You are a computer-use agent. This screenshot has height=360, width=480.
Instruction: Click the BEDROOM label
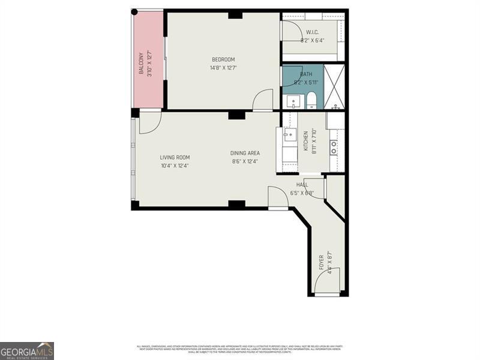point(223,59)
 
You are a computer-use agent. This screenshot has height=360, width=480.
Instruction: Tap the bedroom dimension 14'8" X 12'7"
point(223,68)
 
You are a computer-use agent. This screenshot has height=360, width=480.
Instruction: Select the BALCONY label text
point(142,63)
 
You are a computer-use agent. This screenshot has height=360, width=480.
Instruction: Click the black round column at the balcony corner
point(134,12)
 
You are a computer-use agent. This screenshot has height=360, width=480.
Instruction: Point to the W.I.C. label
point(312,32)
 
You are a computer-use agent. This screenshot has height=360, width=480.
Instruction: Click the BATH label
point(306,74)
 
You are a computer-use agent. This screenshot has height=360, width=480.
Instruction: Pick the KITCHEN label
point(305,142)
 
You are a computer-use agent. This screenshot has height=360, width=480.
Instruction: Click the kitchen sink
point(290,134)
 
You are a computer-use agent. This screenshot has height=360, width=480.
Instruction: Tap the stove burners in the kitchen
point(334,148)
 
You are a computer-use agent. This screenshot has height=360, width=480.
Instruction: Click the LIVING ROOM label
point(175,158)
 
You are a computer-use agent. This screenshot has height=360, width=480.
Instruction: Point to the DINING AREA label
point(245,153)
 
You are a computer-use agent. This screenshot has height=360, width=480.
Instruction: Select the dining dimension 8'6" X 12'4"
point(245,161)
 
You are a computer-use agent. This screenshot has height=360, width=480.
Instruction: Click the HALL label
point(302,185)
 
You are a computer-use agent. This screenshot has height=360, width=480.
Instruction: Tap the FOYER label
point(322,262)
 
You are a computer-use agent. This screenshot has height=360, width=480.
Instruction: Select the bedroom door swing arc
point(262,100)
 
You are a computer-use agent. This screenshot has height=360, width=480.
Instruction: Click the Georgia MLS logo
point(27,350)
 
